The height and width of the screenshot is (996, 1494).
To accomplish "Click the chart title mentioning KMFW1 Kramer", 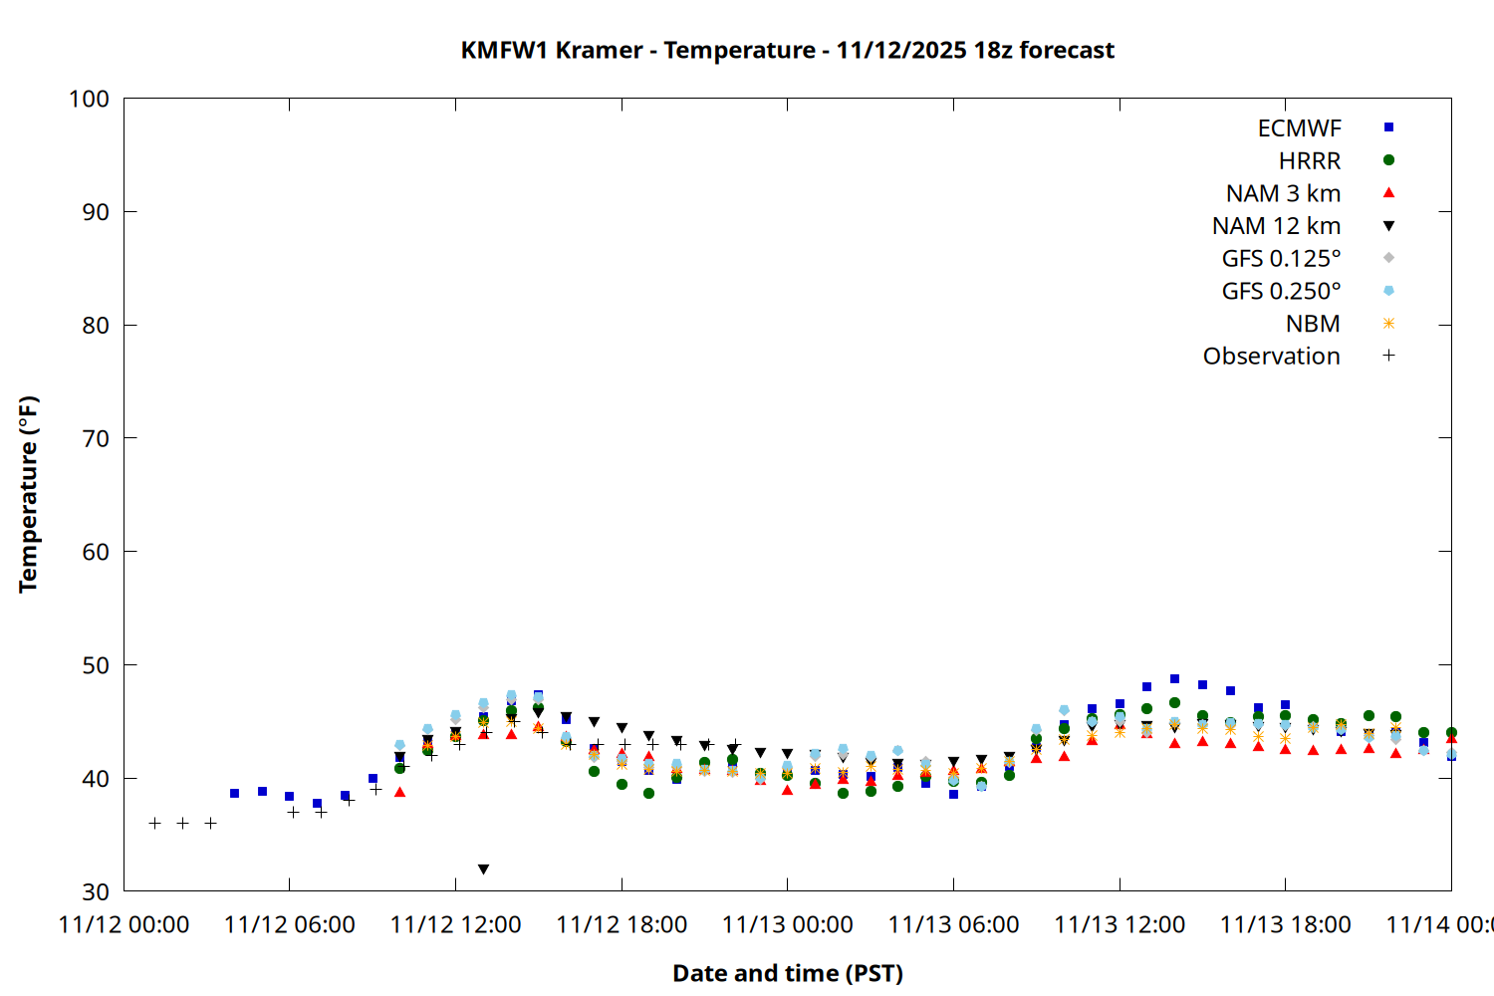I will click(x=787, y=50).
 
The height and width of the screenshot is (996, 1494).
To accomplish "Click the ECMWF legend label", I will click(x=1299, y=128).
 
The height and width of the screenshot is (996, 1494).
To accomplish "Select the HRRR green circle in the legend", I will click(x=1388, y=160).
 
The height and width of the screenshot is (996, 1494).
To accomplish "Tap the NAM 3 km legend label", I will click(x=1283, y=193).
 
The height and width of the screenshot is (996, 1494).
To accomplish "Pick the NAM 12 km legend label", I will click(x=1276, y=226).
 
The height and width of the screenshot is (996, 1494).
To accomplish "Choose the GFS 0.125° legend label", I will click(x=1281, y=259).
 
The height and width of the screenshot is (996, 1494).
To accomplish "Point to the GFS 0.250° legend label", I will click(x=1281, y=291).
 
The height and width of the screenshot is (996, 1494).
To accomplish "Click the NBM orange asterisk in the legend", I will click(x=1388, y=324).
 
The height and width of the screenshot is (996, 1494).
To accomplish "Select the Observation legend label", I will click(x=1271, y=357).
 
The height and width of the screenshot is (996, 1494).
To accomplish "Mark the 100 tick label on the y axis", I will click(x=89, y=99).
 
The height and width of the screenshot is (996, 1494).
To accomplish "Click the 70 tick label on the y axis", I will click(x=96, y=438).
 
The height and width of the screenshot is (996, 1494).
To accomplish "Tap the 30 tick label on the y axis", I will click(x=96, y=891).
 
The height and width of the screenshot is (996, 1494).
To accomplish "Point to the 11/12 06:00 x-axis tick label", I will click(x=290, y=925).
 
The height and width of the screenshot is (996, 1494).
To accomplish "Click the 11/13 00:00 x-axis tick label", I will click(x=788, y=925).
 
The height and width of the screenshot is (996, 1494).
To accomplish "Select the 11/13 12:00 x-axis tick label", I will click(x=1120, y=925).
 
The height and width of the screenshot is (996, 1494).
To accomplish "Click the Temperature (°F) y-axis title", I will click(x=28, y=494).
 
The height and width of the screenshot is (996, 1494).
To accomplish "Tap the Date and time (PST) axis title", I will click(x=788, y=973).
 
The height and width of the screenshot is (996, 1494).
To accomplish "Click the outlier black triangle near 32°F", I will click(x=483, y=870).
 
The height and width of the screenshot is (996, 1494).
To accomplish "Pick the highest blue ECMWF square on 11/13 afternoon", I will click(x=1174, y=679).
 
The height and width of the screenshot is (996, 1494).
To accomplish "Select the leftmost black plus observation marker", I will click(x=155, y=824).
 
